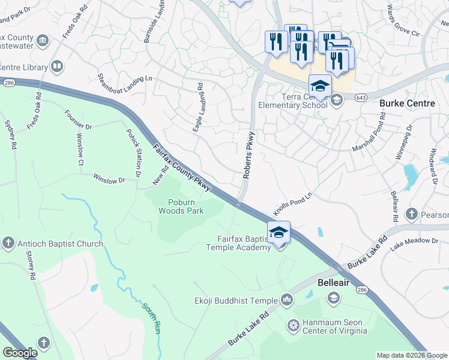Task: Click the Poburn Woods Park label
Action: click(x=181, y=206)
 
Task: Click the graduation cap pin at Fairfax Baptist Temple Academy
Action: click(x=279, y=232)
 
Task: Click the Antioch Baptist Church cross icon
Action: click(x=8, y=244)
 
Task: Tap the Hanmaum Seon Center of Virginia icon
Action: click(x=294, y=326)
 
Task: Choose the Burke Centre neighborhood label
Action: click(x=407, y=103)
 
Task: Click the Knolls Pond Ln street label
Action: click(x=293, y=205)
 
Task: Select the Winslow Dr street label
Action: click(x=109, y=179)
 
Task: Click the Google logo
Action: click(x=20, y=353)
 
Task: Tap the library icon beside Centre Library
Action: click(x=58, y=66)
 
